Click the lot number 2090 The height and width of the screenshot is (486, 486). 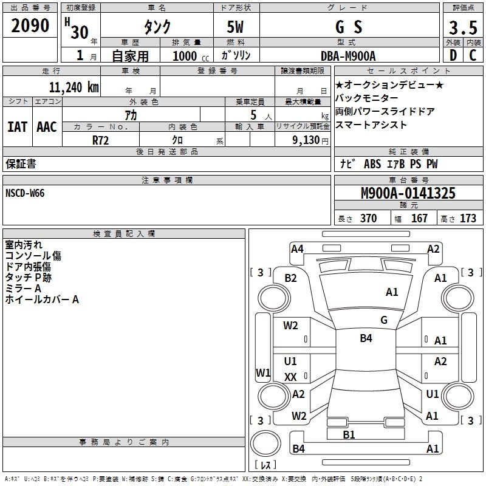[x=30, y=27]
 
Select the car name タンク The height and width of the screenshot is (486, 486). [x=157, y=27]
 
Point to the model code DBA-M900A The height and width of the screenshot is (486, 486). [x=348, y=56]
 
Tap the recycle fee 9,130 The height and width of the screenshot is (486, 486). [x=303, y=140]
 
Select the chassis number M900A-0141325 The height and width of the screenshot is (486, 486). [x=408, y=193]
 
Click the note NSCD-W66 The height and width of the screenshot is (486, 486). [x=25, y=193]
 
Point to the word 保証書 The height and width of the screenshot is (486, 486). [x=21, y=164]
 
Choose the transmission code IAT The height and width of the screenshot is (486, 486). [x=17, y=127]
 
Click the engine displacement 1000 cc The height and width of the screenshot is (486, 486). [x=189, y=56]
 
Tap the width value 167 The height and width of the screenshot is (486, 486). [x=419, y=218]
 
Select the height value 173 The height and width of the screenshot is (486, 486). [x=468, y=218]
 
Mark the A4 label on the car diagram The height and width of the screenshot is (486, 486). [x=297, y=248]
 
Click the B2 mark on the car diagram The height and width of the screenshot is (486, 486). [x=291, y=278]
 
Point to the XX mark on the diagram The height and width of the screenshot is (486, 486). [x=290, y=377]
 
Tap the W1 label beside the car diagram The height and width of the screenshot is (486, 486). [x=262, y=372]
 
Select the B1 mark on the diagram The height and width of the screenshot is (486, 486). [x=349, y=434]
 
